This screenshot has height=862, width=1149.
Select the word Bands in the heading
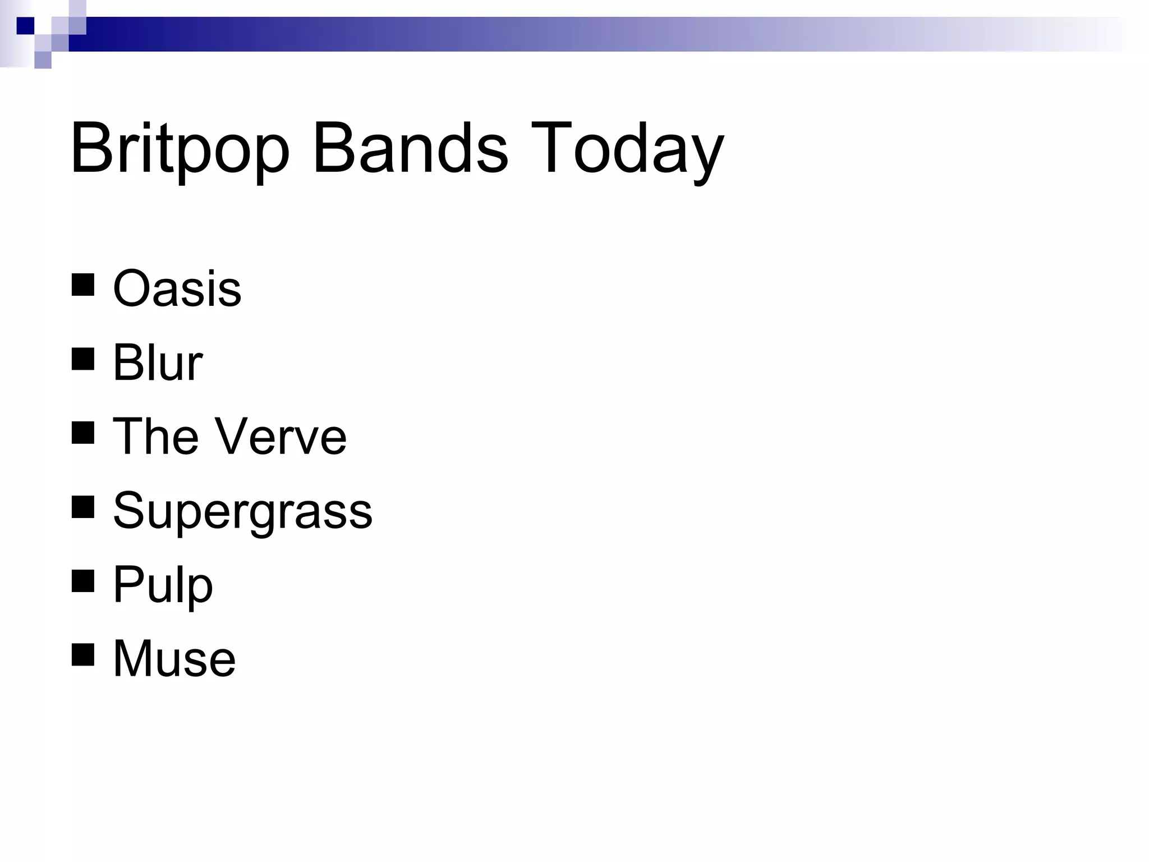click(410, 149)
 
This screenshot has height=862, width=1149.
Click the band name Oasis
click(177, 288)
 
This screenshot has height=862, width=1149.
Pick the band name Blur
click(157, 363)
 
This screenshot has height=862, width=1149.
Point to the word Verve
click(281, 437)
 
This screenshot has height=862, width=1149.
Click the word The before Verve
click(155, 437)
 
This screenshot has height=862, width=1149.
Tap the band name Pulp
click(163, 585)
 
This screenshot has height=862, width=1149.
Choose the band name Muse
click(174, 658)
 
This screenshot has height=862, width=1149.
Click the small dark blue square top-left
click(25, 26)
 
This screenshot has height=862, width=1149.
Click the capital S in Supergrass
click(128, 510)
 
